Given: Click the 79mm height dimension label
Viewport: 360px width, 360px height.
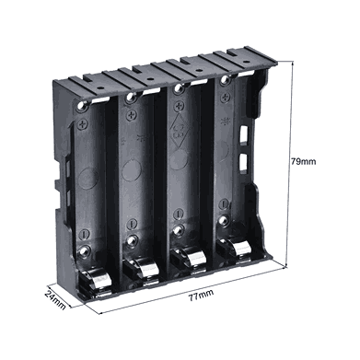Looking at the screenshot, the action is [303, 161].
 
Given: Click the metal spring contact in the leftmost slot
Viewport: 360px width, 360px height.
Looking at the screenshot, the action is [99, 279].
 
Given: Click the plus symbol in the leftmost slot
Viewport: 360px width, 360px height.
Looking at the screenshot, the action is [83, 124].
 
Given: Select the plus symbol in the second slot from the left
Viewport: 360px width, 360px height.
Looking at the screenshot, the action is [132, 115].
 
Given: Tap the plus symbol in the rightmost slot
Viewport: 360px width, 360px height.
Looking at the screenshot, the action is [226, 97].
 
